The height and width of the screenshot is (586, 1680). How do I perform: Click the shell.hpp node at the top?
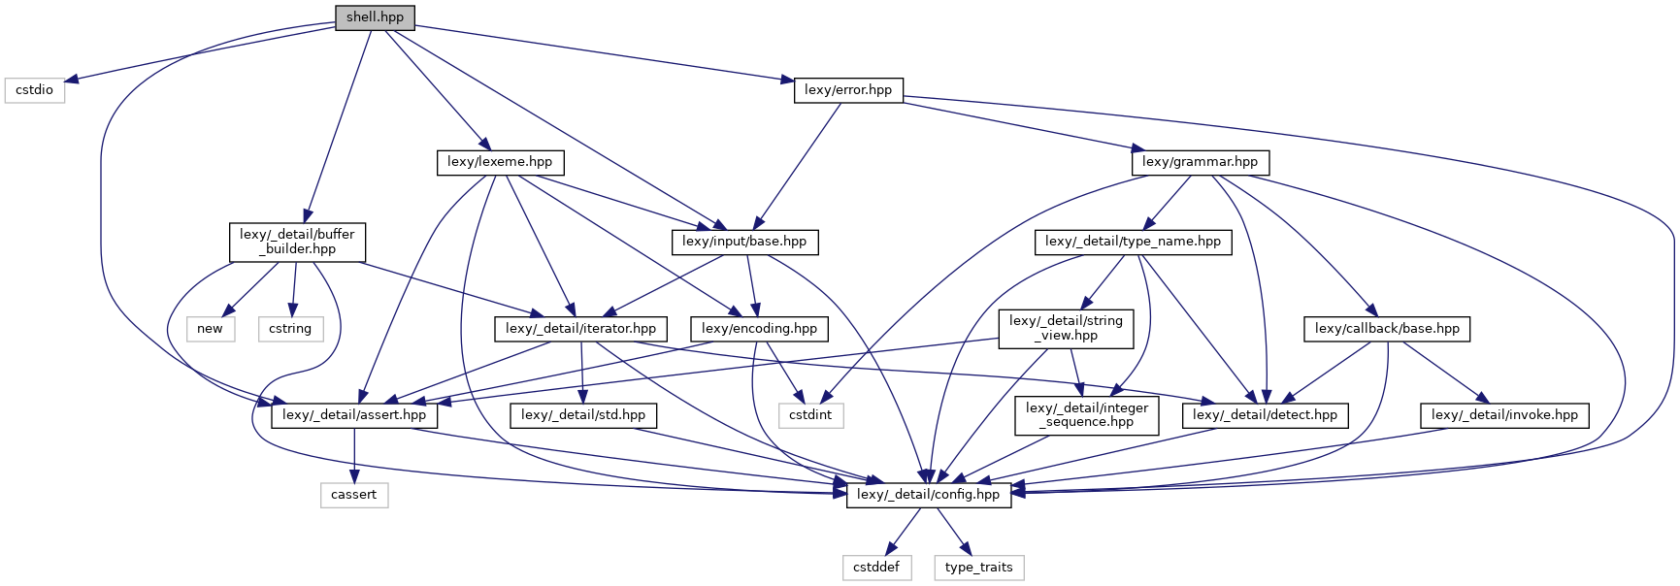pyautogui.click(x=375, y=17)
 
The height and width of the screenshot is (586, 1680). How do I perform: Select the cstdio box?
pyautogui.click(x=35, y=90)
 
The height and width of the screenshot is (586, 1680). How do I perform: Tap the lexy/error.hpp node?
pyautogui.click(x=847, y=90)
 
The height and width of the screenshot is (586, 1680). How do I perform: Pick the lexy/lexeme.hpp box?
pyautogui.click(x=500, y=162)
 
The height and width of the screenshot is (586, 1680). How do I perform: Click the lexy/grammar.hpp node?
pyautogui.click(x=1200, y=162)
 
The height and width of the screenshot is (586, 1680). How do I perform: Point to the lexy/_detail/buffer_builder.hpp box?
pyautogui.click(x=297, y=242)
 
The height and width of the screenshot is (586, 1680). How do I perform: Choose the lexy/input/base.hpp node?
pyautogui.click(x=744, y=242)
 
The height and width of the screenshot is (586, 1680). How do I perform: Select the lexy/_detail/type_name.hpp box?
pyautogui.click(x=1133, y=242)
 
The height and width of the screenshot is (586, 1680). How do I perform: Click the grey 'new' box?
pyautogui.click(x=210, y=329)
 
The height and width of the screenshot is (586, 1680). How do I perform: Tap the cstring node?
pyautogui.click(x=290, y=329)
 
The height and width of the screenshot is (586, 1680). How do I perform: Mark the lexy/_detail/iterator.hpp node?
pyautogui.click(x=580, y=329)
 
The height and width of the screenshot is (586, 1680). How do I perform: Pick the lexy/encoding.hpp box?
pyautogui.click(x=759, y=329)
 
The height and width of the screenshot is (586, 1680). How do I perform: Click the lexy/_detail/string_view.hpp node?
pyautogui.click(x=1066, y=328)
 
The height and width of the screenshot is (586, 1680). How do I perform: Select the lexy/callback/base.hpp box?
pyautogui.click(x=1387, y=329)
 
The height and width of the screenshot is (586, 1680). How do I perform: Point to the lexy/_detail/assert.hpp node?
pyautogui.click(x=354, y=415)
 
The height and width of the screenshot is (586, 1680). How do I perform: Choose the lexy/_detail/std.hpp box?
pyautogui.click(x=583, y=415)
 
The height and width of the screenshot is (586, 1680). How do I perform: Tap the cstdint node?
pyautogui.click(x=810, y=415)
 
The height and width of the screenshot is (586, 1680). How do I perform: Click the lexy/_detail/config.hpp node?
pyautogui.click(x=928, y=495)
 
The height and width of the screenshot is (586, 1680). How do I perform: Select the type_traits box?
pyautogui.click(x=978, y=568)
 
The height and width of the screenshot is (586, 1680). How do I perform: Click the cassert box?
pyautogui.click(x=353, y=495)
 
